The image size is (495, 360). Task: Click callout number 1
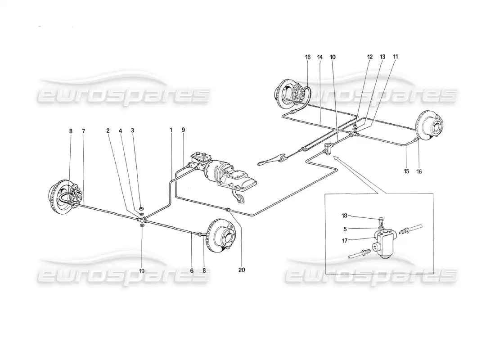pyautogui.click(x=171, y=130)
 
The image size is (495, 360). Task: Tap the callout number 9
pyautogui.click(x=184, y=130)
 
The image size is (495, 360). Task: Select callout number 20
pyautogui.click(x=242, y=270)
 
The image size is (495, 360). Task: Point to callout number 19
pyautogui.click(x=142, y=270)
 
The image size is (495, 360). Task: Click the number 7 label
pyautogui.click(x=83, y=130)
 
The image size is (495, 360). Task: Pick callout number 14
pyautogui.click(x=320, y=57)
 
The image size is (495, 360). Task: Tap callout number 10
pyautogui.click(x=333, y=57)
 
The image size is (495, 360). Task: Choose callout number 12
pyautogui.click(x=370, y=57)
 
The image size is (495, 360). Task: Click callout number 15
pyautogui.click(x=406, y=171)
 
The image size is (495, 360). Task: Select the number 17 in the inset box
pyautogui.click(x=344, y=241)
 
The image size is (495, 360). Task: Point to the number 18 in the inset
pyautogui.click(x=344, y=216)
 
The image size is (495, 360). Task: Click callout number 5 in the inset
pyautogui.click(x=345, y=229)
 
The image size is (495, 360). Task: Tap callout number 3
pyautogui.click(x=132, y=130)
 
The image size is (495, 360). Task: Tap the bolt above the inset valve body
pyautogui.click(x=381, y=219)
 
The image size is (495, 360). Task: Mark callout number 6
pyautogui.click(x=192, y=270)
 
